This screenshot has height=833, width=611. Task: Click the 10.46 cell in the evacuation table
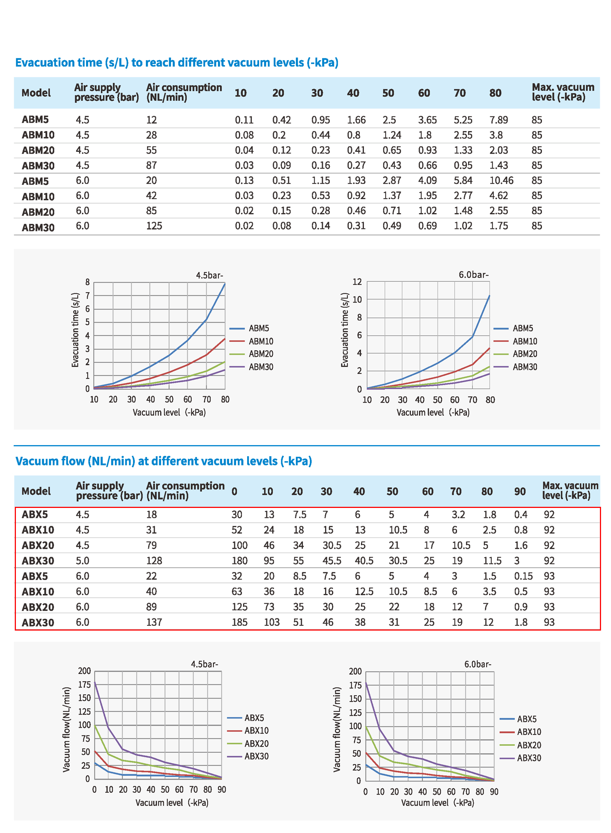pyautogui.click(x=501, y=181)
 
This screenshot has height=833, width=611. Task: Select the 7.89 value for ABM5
pyautogui.click(x=499, y=120)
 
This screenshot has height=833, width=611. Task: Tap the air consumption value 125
pyautogui.click(x=154, y=226)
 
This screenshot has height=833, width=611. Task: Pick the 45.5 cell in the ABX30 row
pyautogui.click(x=332, y=560)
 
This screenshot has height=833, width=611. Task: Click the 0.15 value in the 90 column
pyautogui.click(x=523, y=576)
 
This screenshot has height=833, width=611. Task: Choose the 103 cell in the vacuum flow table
pyautogui.click(x=272, y=622)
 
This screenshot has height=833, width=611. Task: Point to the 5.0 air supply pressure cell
pyautogui.click(x=82, y=560)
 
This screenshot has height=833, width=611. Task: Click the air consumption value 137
pyautogui.click(x=154, y=622)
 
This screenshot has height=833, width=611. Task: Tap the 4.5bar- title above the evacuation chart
pyautogui.click(x=209, y=275)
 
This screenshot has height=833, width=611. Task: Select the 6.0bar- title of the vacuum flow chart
pyautogui.click(x=478, y=664)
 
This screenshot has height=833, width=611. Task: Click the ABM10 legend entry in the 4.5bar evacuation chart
pyautogui.click(x=252, y=341)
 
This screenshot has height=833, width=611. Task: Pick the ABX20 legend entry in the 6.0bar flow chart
pyautogui.click(x=520, y=745)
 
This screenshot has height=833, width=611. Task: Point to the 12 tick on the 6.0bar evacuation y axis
pyautogui.click(x=357, y=282)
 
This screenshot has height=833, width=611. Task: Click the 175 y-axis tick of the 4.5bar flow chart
pyautogui.click(x=84, y=684)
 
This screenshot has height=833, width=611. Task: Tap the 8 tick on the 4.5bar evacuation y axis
pyautogui.click(x=87, y=282)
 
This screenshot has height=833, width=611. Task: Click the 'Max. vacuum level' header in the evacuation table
pyautogui.click(x=563, y=92)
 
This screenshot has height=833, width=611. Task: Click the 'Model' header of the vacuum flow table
pyautogui.click(x=36, y=491)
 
